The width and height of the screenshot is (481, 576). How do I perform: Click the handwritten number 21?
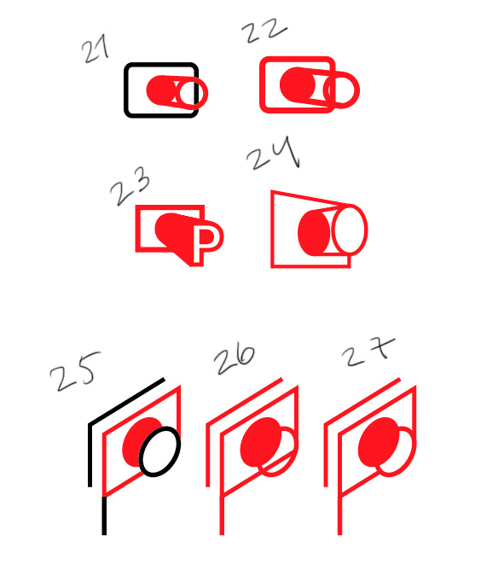tap(95, 49)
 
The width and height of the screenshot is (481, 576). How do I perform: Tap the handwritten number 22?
tap(264, 30)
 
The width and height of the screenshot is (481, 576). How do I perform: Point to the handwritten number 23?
tap(130, 186)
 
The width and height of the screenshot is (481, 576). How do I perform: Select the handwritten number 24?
tap(274, 153)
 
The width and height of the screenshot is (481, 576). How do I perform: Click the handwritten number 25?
tap(75, 371)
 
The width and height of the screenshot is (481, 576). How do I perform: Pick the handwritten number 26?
tap(235, 359)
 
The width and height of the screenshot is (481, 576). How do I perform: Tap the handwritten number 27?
tap(368, 352)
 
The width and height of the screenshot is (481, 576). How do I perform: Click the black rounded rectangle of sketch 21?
tap(161, 64)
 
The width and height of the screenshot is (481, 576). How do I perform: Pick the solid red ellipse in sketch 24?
tap(313, 232)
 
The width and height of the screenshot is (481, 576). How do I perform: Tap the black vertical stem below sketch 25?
tap(104, 515)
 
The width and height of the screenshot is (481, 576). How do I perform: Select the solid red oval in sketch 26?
tap(261, 441)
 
